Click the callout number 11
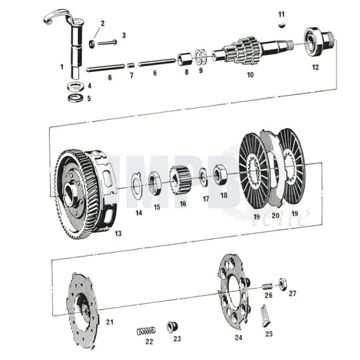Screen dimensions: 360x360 [281, 14]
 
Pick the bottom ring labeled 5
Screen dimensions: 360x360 [77, 99]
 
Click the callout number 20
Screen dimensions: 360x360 [275, 215]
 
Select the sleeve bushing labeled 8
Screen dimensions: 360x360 [185, 59]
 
